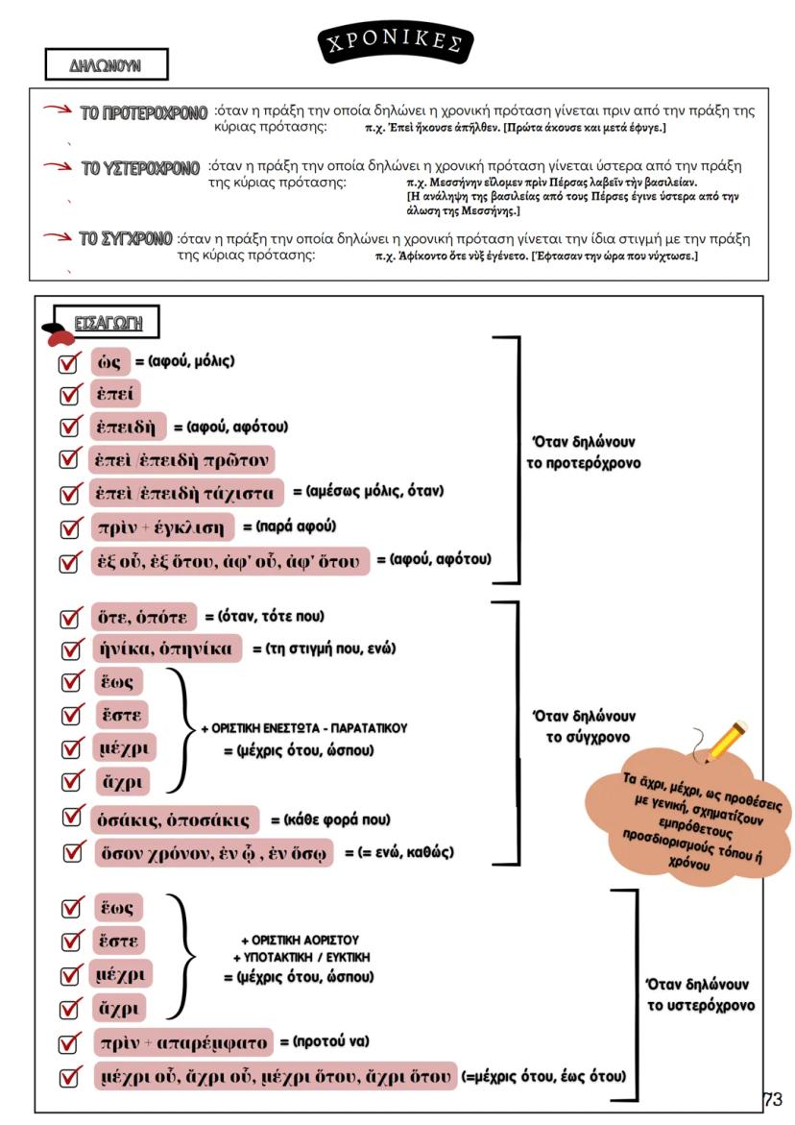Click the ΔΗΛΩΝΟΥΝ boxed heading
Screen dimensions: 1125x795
106,65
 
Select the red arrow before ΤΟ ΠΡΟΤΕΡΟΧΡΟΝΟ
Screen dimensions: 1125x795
56,112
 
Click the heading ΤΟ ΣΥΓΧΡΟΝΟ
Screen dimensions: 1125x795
127,238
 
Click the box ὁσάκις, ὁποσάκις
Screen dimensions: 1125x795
175,819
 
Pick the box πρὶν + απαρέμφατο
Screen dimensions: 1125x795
181,1041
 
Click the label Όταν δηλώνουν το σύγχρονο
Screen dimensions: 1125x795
581,727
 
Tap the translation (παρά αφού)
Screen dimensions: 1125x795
289,526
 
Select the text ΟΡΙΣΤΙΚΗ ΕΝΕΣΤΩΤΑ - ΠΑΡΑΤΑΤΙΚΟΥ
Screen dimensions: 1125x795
303,728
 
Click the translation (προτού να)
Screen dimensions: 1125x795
324,1041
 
